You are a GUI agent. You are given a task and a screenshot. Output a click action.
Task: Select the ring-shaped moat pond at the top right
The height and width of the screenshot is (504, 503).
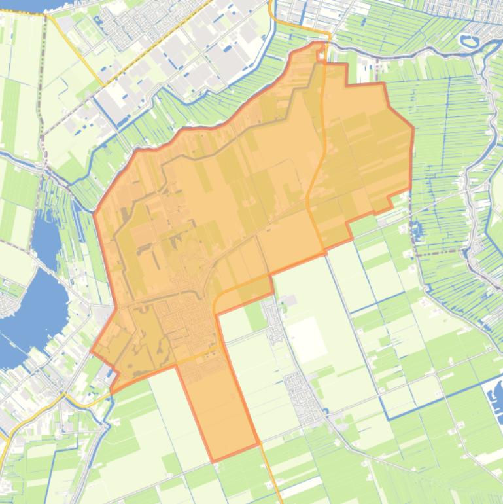[470, 41]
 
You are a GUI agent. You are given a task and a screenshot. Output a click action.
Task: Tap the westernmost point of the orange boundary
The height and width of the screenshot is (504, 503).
[92, 351]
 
